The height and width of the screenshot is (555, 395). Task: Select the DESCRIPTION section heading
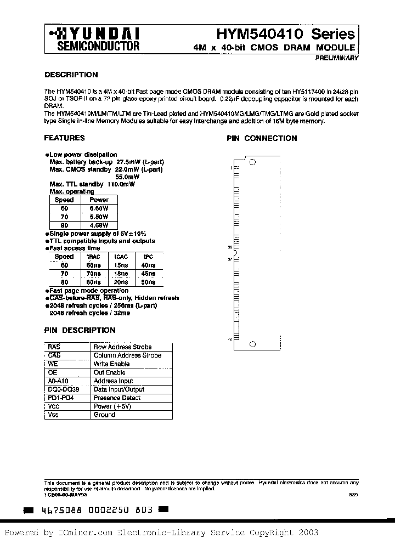tap(71, 75)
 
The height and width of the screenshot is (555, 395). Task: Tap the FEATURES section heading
tap(64, 138)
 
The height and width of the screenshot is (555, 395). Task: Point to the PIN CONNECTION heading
tap(262, 138)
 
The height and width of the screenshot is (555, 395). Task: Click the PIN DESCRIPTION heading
tap(80, 330)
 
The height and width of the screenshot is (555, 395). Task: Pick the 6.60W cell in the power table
tap(99, 208)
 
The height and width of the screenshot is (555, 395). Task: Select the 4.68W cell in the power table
tap(99, 225)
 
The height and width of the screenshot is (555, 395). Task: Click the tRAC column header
tap(93, 257)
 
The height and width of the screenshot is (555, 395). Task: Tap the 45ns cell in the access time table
tap(148, 273)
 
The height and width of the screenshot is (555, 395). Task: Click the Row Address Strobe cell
tap(122, 347)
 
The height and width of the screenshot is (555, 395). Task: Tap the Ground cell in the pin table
tap(104, 415)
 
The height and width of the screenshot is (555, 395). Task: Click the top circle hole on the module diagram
tap(252, 162)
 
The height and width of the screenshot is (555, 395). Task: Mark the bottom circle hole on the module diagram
tap(252, 344)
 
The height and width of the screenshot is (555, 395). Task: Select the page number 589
tap(353, 494)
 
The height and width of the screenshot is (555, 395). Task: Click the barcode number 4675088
tap(58, 509)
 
